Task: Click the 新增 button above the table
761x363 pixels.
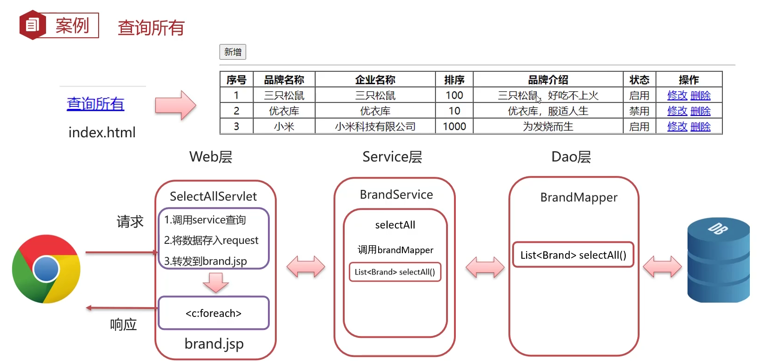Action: click(233, 52)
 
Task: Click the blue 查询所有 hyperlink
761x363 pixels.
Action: click(95, 103)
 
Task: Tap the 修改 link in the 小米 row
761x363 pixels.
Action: click(677, 127)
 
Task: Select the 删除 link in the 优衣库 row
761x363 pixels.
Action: click(701, 111)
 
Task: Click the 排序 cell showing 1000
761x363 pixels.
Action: click(454, 127)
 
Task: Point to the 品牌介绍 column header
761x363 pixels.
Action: click(548, 80)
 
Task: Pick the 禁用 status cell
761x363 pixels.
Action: click(639, 111)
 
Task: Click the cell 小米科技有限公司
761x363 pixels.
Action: click(375, 127)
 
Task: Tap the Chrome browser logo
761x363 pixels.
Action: click(46, 269)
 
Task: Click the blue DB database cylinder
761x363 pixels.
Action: click(718, 261)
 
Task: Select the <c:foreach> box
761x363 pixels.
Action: click(214, 313)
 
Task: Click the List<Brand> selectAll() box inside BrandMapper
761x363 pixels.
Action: click(573, 255)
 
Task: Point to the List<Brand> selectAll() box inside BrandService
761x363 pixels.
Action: click(394, 272)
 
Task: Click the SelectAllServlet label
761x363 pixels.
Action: click(213, 196)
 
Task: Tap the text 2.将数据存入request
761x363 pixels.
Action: click(211, 240)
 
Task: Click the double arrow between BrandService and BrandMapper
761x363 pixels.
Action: click(485, 268)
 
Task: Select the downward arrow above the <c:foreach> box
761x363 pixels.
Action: click(215, 282)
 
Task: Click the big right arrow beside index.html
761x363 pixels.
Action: click(175, 105)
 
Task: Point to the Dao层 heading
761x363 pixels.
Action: click(571, 157)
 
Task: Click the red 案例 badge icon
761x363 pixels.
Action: click(32, 25)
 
